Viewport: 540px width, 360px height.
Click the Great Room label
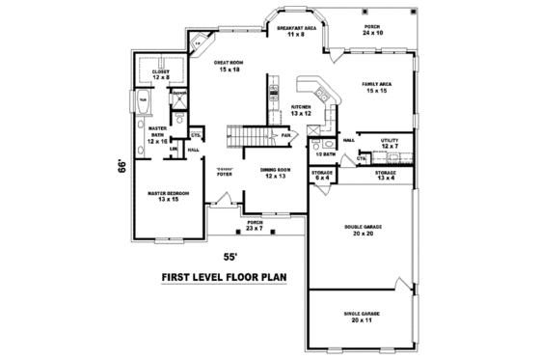click(228, 66)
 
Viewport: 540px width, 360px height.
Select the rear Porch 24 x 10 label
click(371, 30)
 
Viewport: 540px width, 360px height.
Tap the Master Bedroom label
click(168, 195)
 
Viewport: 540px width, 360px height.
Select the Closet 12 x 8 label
click(161, 71)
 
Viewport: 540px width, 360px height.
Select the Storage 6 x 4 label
click(322, 175)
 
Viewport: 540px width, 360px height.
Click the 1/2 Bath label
click(326, 153)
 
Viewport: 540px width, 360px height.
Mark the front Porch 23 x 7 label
click(255, 225)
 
